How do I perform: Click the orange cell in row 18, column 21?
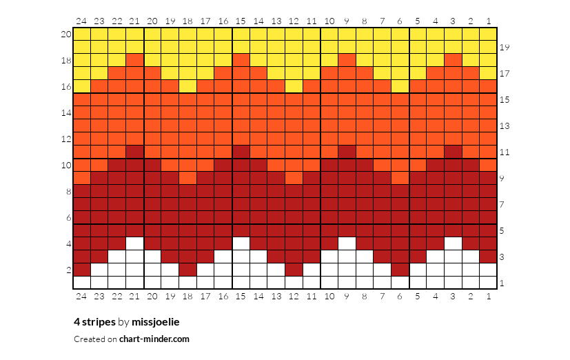point(135,60)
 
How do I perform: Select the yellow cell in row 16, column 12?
point(294,86)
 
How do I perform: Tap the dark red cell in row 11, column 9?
point(347,152)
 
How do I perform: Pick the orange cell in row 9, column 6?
point(400,178)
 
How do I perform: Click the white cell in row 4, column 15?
point(241,243)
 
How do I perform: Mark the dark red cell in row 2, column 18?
point(187,270)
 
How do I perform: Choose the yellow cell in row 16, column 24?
point(82,86)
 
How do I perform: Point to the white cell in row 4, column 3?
point(453,243)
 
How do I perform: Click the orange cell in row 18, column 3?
point(453,60)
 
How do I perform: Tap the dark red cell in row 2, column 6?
point(400,270)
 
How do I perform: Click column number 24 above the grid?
point(81,21)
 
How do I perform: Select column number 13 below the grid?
point(276,297)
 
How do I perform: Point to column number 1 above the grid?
point(489,21)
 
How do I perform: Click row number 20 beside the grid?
point(66,34)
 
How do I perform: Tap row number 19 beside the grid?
point(505,48)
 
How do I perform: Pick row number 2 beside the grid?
point(69,270)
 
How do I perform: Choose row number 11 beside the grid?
point(505,152)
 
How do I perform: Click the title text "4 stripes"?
point(94,322)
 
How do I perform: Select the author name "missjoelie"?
point(156,322)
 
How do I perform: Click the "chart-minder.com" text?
point(154,339)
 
